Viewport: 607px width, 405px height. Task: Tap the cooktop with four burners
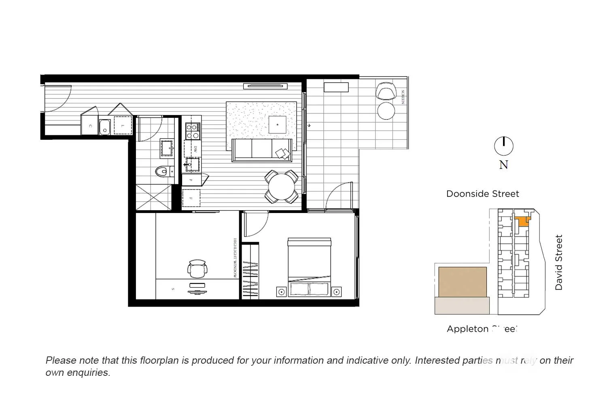click(x=192, y=131)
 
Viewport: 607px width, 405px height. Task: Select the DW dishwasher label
click(x=195, y=149)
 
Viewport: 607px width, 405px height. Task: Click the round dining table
click(x=282, y=187)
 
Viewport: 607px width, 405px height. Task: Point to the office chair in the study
click(x=197, y=269)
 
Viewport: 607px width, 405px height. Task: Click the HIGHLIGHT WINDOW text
click(x=235, y=258)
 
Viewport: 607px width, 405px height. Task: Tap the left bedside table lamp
click(x=281, y=292)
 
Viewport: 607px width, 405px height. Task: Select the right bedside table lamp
click(x=336, y=292)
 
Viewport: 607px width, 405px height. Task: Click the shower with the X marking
click(x=153, y=197)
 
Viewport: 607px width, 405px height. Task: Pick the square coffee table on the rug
click(x=278, y=125)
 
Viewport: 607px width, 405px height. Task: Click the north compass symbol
click(x=504, y=146)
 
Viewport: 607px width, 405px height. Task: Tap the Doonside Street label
click(x=482, y=194)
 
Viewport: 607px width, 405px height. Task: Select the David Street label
click(x=559, y=262)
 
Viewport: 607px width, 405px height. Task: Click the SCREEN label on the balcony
click(x=403, y=97)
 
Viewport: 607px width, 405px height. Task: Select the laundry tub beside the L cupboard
click(x=105, y=126)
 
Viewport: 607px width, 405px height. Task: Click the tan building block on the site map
click(x=463, y=281)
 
